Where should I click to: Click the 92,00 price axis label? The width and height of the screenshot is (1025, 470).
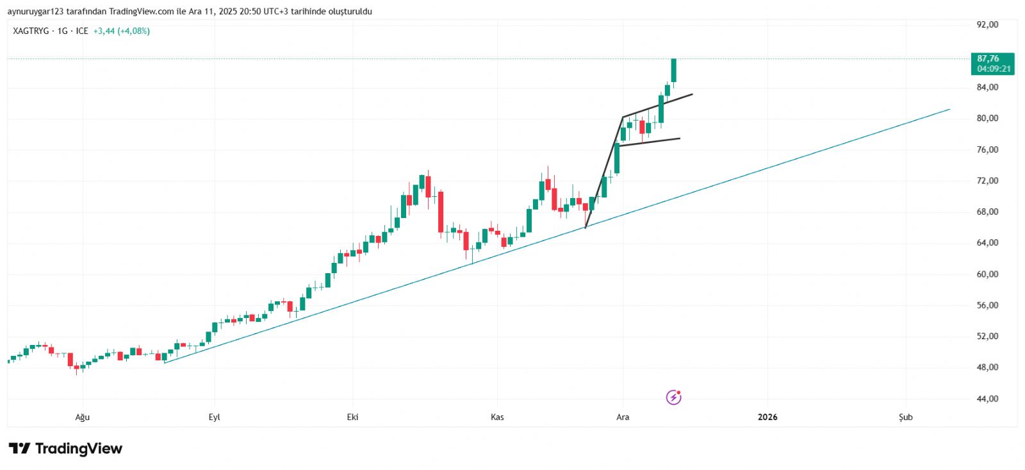click(987, 24)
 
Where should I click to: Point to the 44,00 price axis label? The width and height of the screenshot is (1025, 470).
click(987, 399)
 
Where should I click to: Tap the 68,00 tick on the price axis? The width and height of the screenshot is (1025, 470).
click(987, 212)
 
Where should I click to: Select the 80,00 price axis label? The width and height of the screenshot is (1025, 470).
click(987, 118)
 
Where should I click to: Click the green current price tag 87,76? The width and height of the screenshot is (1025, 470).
click(992, 63)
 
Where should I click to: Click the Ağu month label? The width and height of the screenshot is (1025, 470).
click(83, 417)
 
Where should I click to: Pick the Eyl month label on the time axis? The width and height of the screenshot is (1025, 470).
click(215, 417)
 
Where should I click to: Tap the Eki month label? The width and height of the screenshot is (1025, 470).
click(352, 417)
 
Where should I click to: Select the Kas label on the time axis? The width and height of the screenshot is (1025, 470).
click(497, 417)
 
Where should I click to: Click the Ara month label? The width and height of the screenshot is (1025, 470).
click(623, 417)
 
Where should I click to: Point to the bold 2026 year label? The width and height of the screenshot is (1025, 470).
click(767, 417)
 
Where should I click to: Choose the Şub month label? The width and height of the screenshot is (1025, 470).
click(905, 417)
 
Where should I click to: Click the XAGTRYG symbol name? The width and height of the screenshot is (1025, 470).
click(31, 31)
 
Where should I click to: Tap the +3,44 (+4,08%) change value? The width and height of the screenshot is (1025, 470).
click(122, 31)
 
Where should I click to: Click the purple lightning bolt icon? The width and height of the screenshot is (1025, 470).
click(673, 398)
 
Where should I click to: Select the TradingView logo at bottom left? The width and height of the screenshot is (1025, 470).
click(65, 449)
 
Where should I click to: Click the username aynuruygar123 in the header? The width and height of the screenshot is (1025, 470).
click(35, 12)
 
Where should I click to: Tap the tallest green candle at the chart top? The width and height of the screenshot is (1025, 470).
click(673, 71)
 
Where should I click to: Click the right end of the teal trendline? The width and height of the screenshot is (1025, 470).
click(949, 110)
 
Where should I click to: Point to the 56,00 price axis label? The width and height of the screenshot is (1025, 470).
click(987, 305)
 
